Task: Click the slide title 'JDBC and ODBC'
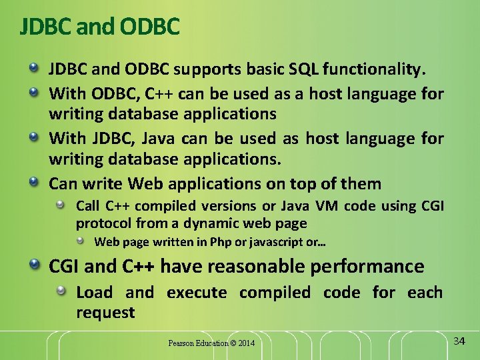pyautogui.click(x=100, y=26)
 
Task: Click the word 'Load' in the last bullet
pyautogui.click(x=95, y=293)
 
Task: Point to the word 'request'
pyautogui.click(x=105, y=312)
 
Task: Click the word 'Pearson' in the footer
pyautogui.click(x=180, y=343)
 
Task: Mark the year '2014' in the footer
pyautogui.click(x=246, y=343)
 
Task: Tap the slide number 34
pyautogui.click(x=459, y=341)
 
